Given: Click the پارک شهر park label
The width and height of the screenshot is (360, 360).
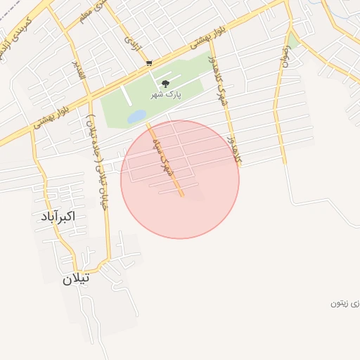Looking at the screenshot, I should pos(166,94).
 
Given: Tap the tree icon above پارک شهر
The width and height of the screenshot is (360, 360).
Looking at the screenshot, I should pos(165,84).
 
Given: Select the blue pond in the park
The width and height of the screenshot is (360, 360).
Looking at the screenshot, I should pos(136,116).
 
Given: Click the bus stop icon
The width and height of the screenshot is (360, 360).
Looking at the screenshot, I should pos(148,63).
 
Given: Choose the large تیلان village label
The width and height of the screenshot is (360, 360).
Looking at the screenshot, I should pos(76,278).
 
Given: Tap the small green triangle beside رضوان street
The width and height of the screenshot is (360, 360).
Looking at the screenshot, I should pos(293,40).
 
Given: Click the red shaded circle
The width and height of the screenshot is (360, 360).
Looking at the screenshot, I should pos(211,204).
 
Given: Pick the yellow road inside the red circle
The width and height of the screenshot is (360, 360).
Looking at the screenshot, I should pos(173,176).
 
